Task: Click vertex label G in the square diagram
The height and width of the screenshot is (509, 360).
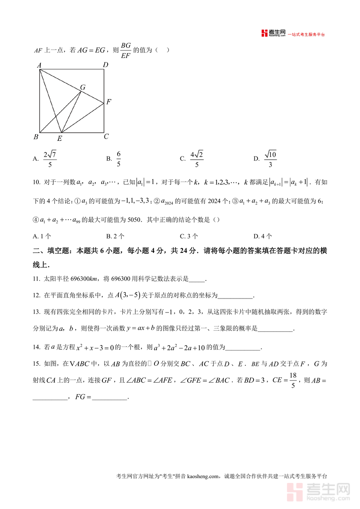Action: [x=83, y=87]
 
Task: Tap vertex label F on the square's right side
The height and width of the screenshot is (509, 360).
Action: [x=108, y=102]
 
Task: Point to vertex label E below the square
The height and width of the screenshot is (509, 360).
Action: [x=60, y=138]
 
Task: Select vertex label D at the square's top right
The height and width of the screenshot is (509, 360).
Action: [x=105, y=65]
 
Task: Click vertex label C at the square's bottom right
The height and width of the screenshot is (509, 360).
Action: [x=106, y=136]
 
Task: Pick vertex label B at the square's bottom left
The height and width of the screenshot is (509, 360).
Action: [x=36, y=137]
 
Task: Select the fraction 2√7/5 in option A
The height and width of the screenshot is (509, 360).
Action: [x=50, y=158]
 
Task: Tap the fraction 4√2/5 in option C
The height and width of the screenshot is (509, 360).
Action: [x=196, y=158]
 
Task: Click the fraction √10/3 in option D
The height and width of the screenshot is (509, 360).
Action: [x=270, y=158]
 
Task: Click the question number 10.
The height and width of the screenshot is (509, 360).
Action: [x=36, y=182]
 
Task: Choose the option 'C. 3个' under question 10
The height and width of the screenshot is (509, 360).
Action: [x=189, y=236]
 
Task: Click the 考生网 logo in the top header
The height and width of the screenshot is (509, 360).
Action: [x=274, y=33]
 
